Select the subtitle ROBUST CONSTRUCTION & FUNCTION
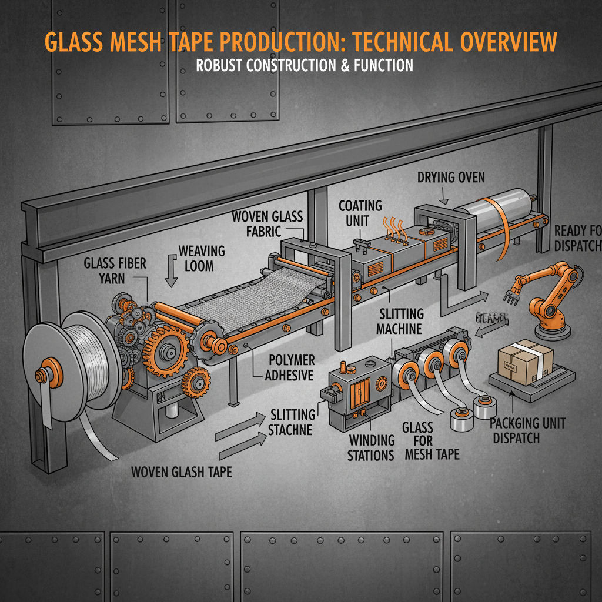pyautogui.click(x=305, y=65)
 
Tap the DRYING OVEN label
pyautogui.click(x=451, y=177)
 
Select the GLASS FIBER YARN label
pyautogui.click(x=115, y=270)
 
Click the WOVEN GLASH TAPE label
pyautogui.click(x=180, y=472)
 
